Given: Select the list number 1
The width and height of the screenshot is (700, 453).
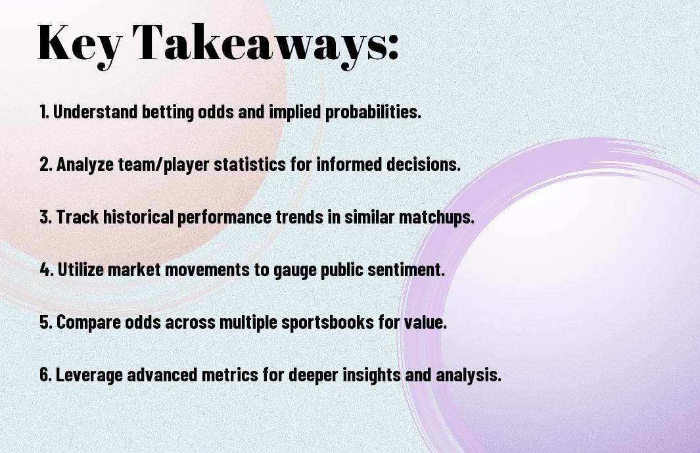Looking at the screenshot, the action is pos(44,112).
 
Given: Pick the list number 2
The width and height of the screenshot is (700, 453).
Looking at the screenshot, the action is pos(45,164).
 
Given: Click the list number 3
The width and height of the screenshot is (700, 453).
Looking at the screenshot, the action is pos(45,217).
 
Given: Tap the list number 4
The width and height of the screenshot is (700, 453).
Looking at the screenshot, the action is pos(47,270).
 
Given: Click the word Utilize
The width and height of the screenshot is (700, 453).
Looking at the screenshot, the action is pos(80,270).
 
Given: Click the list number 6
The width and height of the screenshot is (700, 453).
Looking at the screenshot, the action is pos(45,375).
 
